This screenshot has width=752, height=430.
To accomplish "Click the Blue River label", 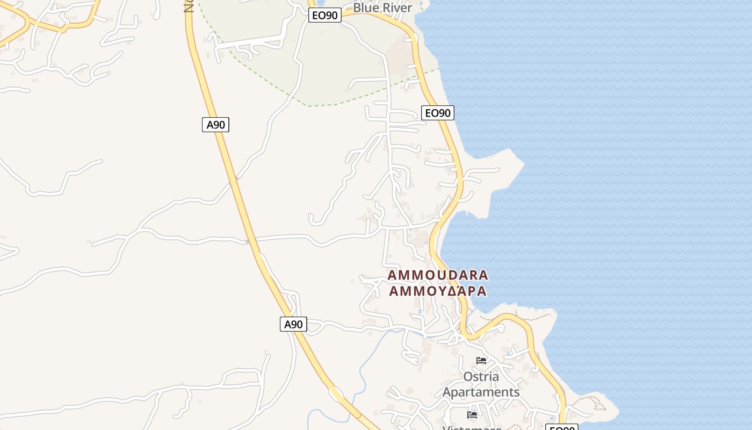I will [x=382, y=8].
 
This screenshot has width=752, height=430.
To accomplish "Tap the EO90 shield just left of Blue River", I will [x=325, y=15].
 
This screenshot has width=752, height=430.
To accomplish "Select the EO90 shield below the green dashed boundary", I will [x=438, y=113].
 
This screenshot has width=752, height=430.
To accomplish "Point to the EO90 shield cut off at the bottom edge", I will [x=561, y=428].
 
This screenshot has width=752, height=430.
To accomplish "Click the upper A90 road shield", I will [x=215, y=125].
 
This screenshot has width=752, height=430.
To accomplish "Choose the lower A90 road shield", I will [x=293, y=324].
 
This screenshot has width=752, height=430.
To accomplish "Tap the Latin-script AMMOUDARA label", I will [x=438, y=275].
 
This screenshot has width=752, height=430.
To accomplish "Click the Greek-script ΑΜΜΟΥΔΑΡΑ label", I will [x=438, y=291].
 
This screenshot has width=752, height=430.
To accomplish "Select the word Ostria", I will [x=481, y=376].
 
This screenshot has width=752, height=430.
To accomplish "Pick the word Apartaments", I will [x=481, y=392].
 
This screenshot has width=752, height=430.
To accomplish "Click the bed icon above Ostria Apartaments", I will [x=481, y=361].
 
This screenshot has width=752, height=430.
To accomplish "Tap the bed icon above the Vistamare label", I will [x=472, y=414].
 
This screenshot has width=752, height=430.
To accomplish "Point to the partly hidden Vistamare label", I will [x=472, y=427].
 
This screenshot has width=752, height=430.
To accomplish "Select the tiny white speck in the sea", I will [x=526, y=247].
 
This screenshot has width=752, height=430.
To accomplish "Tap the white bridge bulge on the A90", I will [x=336, y=393].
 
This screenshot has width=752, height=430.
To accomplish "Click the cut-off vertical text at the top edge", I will [x=188, y=5].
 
